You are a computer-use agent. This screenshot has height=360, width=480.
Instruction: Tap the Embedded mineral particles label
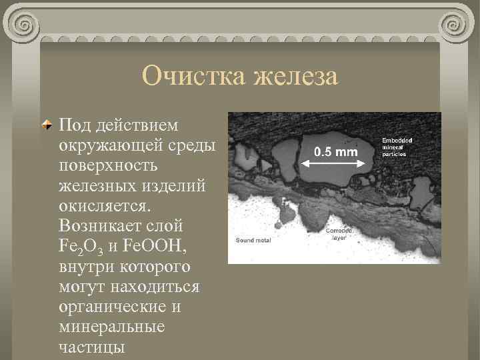coord(397,147)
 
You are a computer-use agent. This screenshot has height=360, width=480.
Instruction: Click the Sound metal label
coord(253,239)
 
